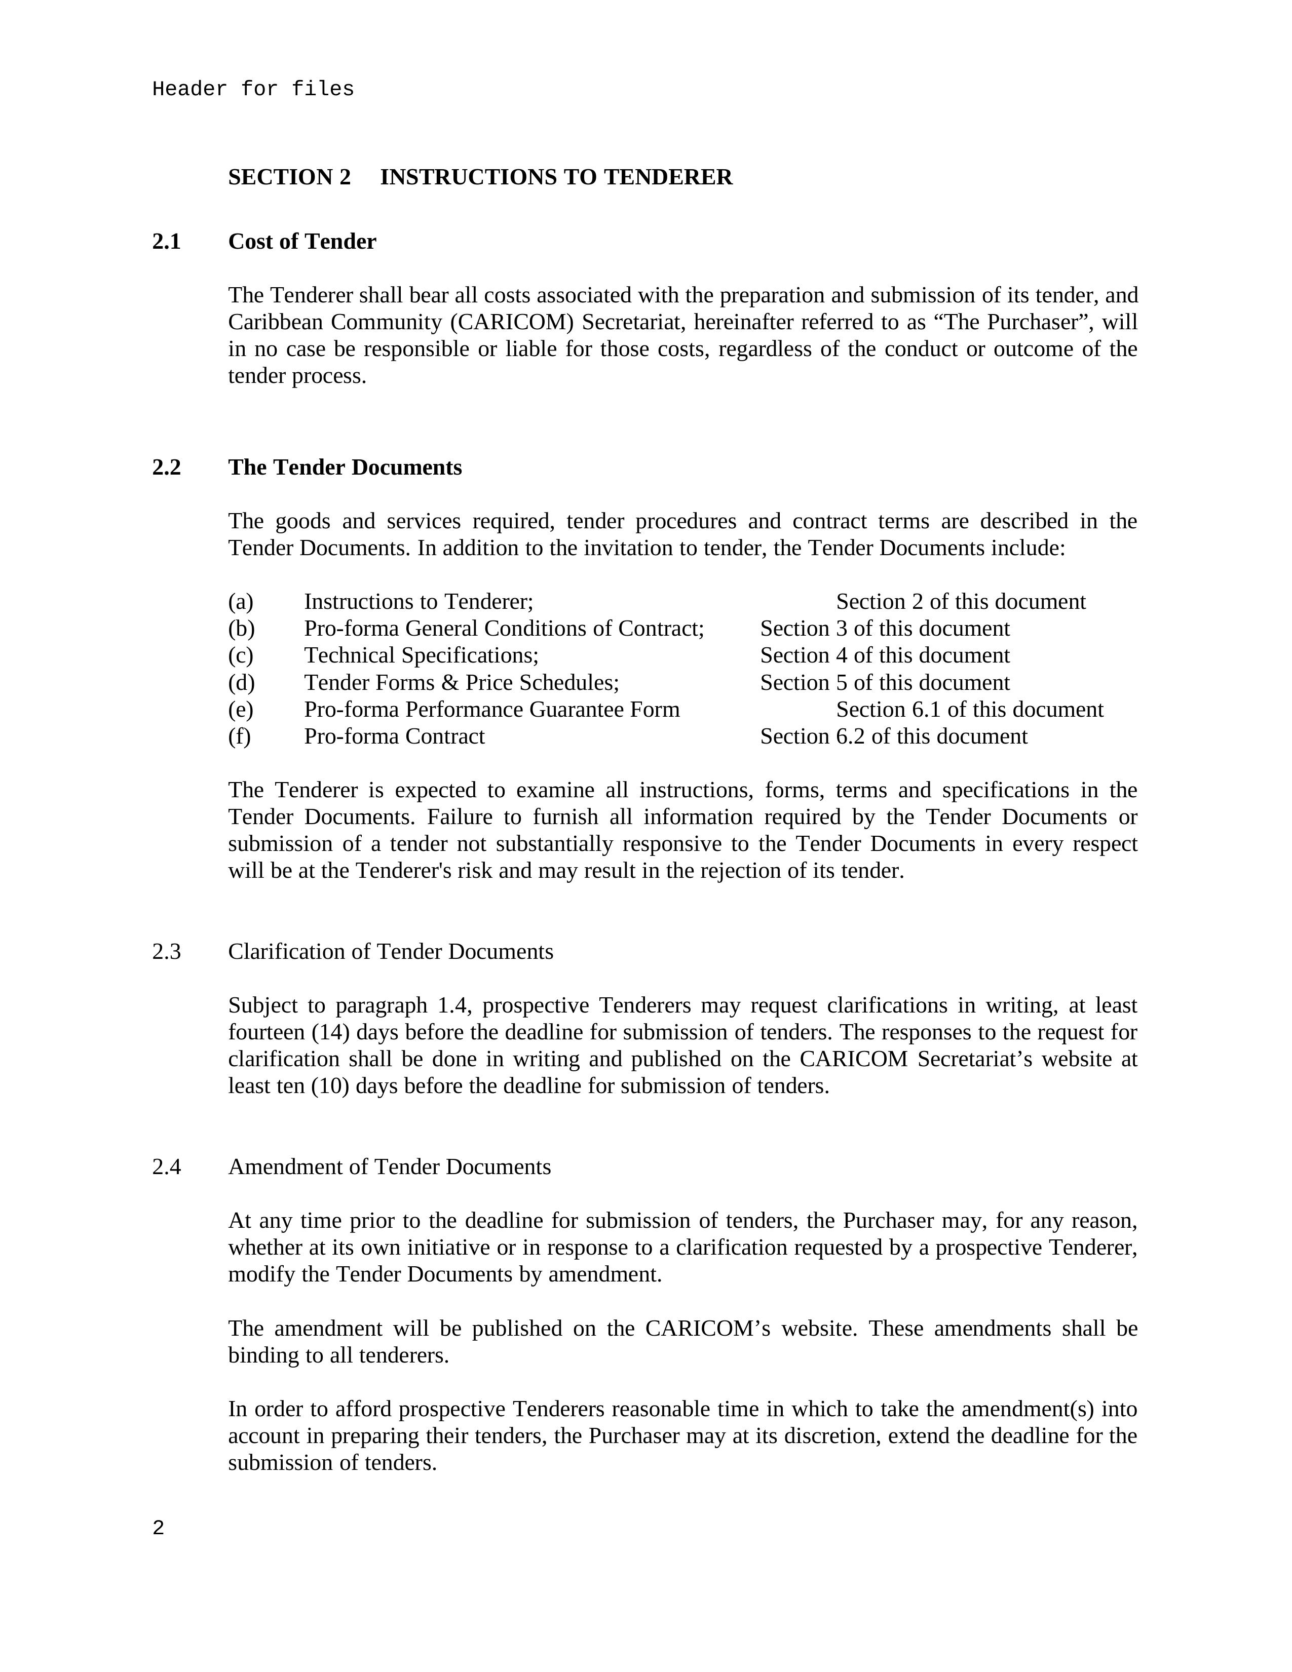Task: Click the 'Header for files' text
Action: pyautogui.click(x=253, y=90)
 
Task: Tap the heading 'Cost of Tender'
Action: pyautogui.click(x=302, y=242)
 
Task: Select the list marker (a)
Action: pyautogui.click(x=241, y=602)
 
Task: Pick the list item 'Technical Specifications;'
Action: pyautogui.click(x=421, y=656)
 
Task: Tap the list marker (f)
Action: pyautogui.click(x=240, y=736)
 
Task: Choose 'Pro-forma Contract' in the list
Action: pyautogui.click(x=394, y=736)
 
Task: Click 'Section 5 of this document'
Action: pyautogui.click(x=885, y=683)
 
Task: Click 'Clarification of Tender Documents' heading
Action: pyautogui.click(x=391, y=952)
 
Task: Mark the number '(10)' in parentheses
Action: pyautogui.click(x=330, y=1086)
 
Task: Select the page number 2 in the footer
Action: pyautogui.click(x=159, y=1529)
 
